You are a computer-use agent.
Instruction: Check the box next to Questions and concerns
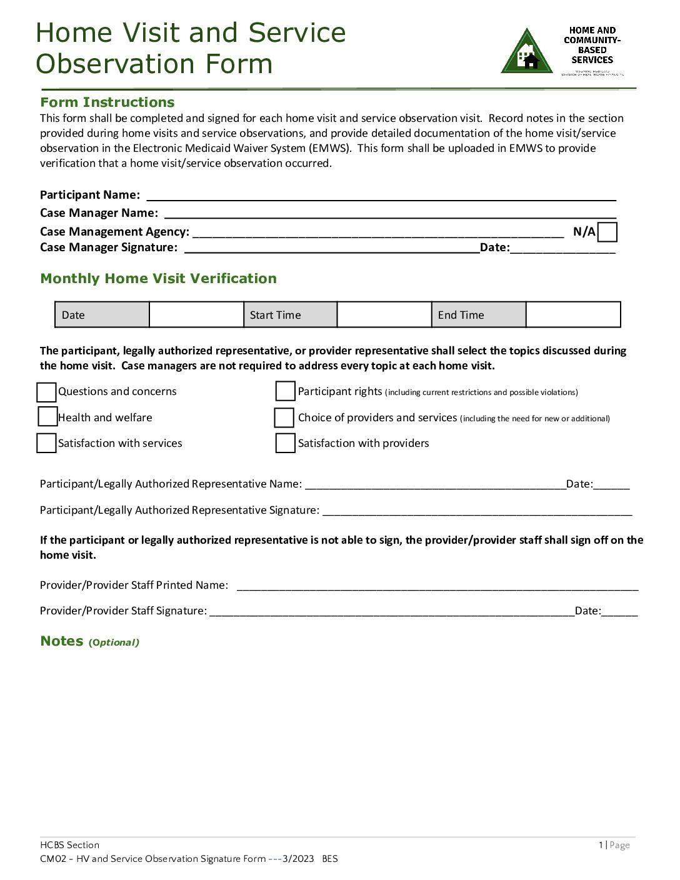coord(46,392)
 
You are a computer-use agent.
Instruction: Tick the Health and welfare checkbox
coord(47,416)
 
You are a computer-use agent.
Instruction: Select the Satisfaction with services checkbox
coord(46,442)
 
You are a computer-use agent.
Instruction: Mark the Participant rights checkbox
coord(285,391)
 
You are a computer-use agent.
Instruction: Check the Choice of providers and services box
coord(284,417)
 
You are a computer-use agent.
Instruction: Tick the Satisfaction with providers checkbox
coord(285,442)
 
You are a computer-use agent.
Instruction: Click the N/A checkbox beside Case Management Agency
coord(607,232)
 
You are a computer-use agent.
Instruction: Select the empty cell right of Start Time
coord(384,314)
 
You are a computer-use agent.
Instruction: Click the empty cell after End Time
coord(572,314)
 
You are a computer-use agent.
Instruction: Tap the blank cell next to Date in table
coord(196,314)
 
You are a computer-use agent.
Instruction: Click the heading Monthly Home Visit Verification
coord(158,279)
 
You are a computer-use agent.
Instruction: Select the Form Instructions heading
coord(107,102)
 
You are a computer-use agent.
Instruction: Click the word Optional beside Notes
coord(114,642)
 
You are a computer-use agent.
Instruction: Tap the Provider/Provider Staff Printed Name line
coord(437,586)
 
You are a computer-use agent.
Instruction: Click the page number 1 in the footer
coord(601,845)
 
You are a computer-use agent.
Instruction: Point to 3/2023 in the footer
coord(298,859)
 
